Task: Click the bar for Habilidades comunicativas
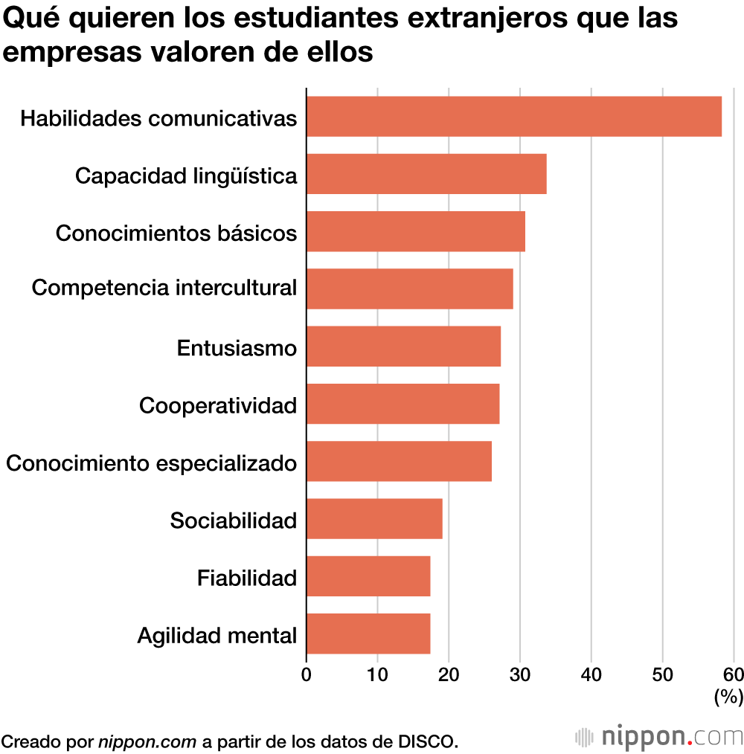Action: (513, 116)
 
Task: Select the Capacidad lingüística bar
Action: (426, 174)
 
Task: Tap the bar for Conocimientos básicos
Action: (415, 231)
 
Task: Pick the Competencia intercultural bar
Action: (409, 289)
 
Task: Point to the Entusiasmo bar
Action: (403, 346)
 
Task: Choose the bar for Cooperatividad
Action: (403, 404)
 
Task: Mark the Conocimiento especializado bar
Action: (399, 461)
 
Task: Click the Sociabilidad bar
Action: (374, 518)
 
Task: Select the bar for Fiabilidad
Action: (368, 576)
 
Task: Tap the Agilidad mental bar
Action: (368, 634)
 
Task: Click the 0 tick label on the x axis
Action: (307, 674)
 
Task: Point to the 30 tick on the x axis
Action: (520, 674)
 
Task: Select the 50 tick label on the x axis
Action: (662, 674)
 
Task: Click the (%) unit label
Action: (728, 697)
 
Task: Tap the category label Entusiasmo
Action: (237, 347)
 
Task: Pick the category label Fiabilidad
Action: (247, 577)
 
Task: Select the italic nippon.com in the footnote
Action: (147, 741)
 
